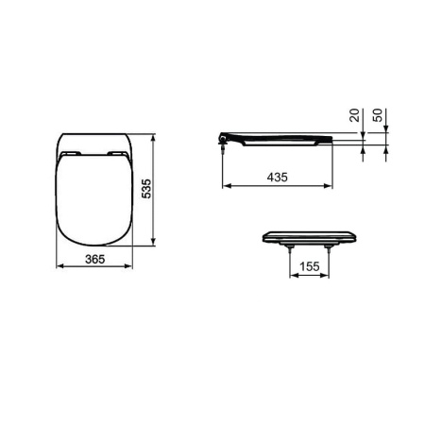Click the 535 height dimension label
pyautogui.click(x=145, y=190)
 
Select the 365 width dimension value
pyautogui.click(x=92, y=258)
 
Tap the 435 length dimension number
pyautogui.click(x=277, y=177)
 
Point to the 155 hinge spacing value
pyautogui.click(x=306, y=267)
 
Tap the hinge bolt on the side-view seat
pyautogui.click(x=222, y=143)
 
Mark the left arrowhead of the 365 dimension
pyautogui.click(x=59, y=266)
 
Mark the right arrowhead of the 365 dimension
pyautogui.click(x=130, y=266)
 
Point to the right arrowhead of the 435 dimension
pyautogui.click(x=332, y=186)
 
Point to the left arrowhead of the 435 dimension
pyautogui.click(x=225, y=186)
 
